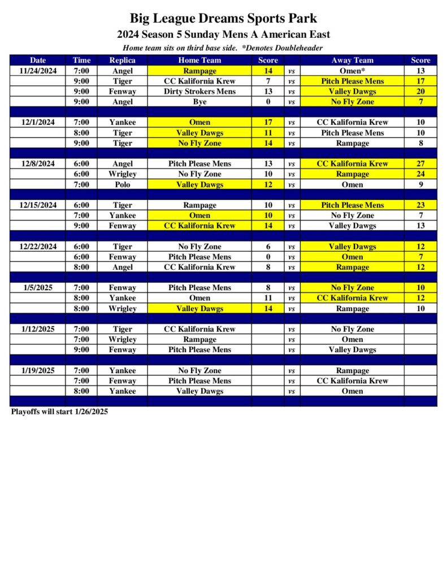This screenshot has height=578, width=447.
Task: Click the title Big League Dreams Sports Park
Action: (223, 19)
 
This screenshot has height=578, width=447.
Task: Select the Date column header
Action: (38, 60)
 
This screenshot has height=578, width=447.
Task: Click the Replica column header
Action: (122, 60)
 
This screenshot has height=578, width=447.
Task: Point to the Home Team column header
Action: (199, 60)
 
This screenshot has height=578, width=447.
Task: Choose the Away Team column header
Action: (352, 60)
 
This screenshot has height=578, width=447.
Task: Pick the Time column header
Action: (81, 60)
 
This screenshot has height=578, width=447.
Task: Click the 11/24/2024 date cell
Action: (38, 71)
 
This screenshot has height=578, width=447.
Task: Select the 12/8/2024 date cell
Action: (38, 164)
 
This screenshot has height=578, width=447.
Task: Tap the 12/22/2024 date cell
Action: (38, 247)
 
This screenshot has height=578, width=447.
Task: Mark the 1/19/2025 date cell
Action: (38, 370)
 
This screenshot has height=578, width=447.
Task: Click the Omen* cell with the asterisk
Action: (352, 71)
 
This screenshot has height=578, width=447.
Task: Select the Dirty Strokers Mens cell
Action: (199, 91)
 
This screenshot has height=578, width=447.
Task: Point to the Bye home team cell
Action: (199, 102)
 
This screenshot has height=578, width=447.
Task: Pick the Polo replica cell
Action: (122, 185)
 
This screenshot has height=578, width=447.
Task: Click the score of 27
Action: (420, 164)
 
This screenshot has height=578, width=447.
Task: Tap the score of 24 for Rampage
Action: (420, 174)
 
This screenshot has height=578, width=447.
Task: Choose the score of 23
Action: (420, 205)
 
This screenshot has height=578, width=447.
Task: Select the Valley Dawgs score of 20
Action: (420, 91)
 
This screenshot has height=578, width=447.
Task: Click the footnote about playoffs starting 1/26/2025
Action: (59, 411)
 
